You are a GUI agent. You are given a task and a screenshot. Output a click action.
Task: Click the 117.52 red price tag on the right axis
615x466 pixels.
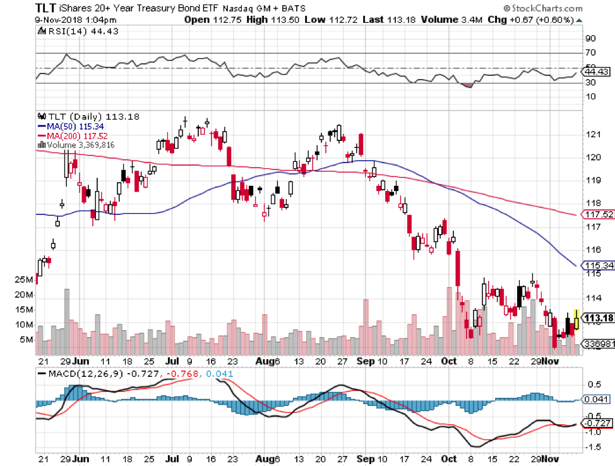coord(597,215)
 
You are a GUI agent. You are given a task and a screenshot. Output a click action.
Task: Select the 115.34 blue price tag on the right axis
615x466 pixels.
coord(597,265)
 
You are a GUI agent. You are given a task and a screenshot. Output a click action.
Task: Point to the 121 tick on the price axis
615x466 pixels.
coord(592,135)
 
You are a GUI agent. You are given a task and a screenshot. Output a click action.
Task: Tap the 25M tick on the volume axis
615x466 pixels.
coord(25,279)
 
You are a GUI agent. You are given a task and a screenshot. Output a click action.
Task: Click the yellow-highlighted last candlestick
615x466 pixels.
coord(576,318)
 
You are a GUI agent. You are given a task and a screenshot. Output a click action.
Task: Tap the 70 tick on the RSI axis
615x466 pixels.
coord(592,53)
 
